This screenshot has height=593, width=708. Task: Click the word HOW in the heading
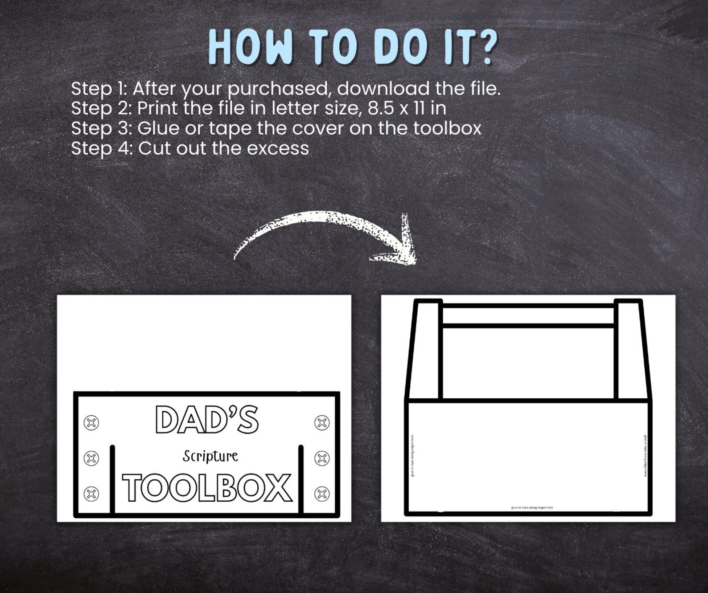point(250,48)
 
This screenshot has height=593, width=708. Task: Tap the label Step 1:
point(99,89)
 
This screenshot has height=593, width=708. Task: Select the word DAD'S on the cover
point(207,420)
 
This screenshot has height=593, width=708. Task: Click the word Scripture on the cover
point(210,456)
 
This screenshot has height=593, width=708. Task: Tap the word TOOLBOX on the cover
point(207,488)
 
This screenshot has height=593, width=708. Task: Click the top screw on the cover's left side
point(91,422)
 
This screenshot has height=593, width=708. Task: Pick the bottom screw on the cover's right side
point(322,494)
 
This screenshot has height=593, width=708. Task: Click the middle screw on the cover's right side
point(322,458)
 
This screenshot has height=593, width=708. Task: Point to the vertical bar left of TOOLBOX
point(112,479)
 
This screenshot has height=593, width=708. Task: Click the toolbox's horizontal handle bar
point(528,316)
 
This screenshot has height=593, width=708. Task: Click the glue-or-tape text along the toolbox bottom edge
point(532,507)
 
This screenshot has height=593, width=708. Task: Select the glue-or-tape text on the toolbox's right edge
point(645,455)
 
